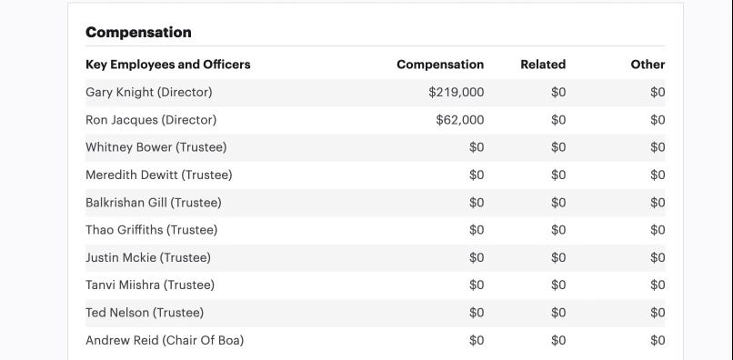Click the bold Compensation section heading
point(138,32)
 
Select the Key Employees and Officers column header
point(168,65)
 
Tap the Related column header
point(543,65)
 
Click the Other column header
point(648,65)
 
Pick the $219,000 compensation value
point(457,93)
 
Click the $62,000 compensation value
point(460,120)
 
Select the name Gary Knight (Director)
point(148,93)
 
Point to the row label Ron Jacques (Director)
point(151,120)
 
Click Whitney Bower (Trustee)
point(156,147)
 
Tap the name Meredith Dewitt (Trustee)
point(159,175)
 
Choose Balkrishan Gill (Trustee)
point(154,203)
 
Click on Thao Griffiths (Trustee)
point(152,230)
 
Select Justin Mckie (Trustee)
point(148,257)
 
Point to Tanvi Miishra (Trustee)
point(150,285)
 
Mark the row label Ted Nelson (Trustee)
point(145,313)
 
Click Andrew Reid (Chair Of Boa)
point(165,340)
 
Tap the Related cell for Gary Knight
point(558,93)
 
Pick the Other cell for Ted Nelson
point(658,313)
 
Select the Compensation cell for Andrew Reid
point(477,340)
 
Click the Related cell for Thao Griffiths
point(558,230)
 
